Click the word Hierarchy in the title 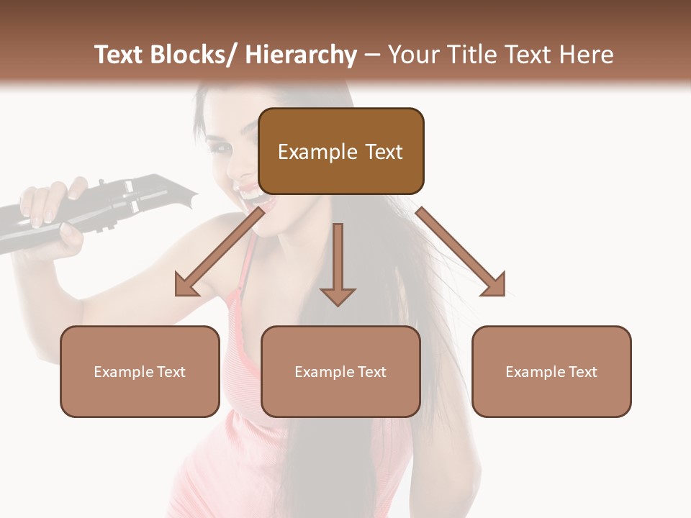[x=301, y=55]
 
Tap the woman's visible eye [x=220, y=149]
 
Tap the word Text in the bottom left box [x=171, y=372]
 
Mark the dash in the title [x=372, y=55]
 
